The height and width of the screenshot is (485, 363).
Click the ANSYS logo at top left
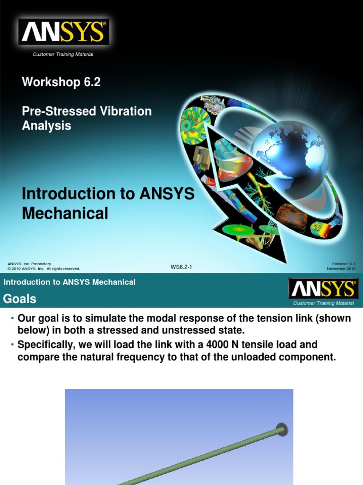63,32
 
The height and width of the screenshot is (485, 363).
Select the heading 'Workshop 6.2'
61,82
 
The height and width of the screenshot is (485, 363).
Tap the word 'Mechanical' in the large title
65,213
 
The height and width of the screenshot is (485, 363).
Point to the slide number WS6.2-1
181,267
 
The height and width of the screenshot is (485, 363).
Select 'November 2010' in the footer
341,269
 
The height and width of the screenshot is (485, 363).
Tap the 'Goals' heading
20,299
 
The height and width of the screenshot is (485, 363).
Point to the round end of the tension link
282,430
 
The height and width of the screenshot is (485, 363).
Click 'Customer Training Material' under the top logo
62,54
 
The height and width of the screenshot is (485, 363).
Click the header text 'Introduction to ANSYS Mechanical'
69,282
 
